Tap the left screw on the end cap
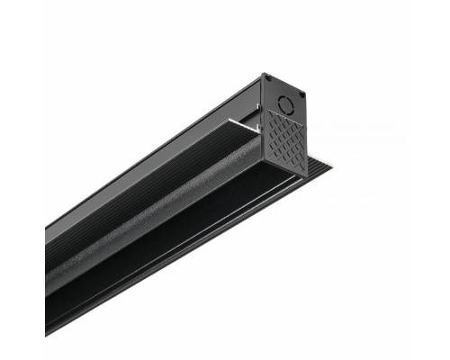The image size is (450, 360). point(267,80)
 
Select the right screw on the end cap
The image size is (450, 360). point(301,94)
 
